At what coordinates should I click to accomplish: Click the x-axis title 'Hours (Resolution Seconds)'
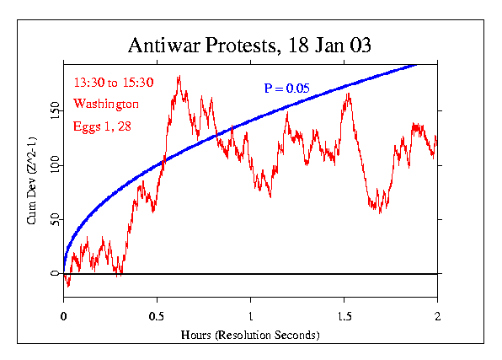coord(250,334)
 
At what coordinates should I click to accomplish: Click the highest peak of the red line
coord(179,77)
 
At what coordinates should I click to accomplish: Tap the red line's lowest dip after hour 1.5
coord(380,212)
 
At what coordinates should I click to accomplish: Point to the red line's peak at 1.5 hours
coord(347,94)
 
